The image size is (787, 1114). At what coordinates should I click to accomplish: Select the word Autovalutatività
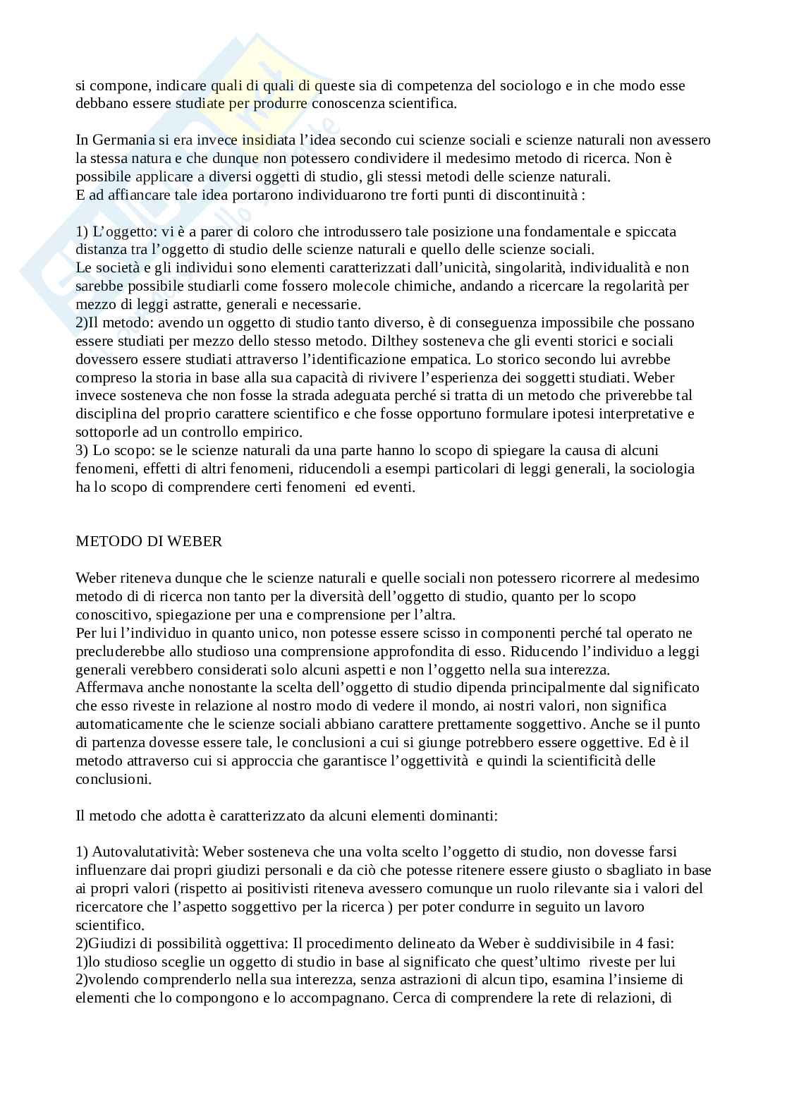pyautogui.click(x=146, y=852)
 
